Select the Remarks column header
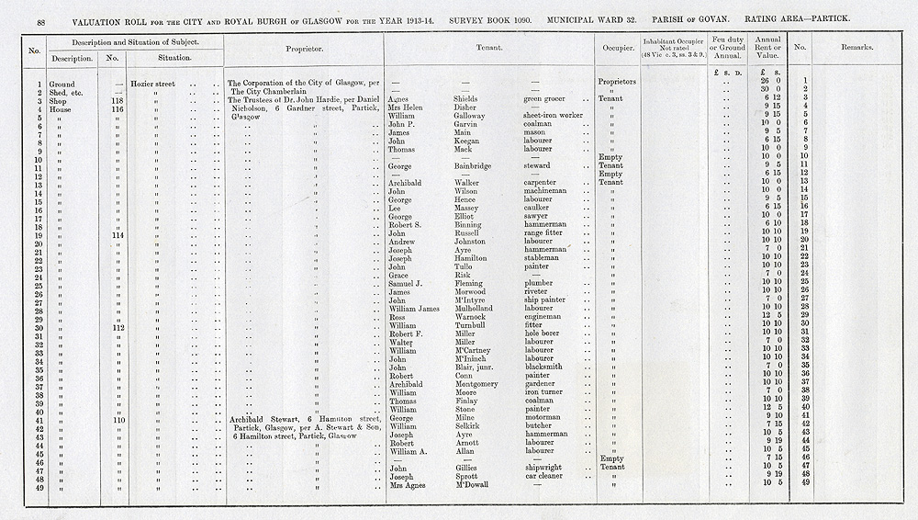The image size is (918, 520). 855,46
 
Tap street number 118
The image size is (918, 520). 118,99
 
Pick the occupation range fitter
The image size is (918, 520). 535,234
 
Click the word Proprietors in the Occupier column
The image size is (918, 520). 617,83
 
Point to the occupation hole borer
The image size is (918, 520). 533,333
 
